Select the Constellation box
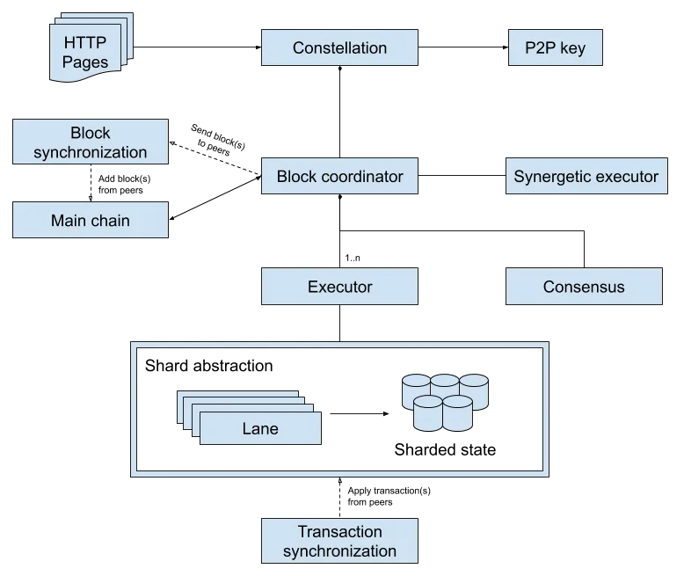pyautogui.click(x=339, y=48)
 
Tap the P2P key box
pyautogui.click(x=556, y=48)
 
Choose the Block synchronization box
pyautogui.click(x=90, y=142)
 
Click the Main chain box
pyautogui.click(x=90, y=221)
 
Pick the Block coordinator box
pyautogui.click(x=339, y=176)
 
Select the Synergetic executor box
pyautogui.click(x=586, y=176)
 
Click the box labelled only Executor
pyautogui.click(x=339, y=287)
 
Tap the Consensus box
pyautogui.click(x=584, y=287)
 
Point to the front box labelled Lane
pyautogui.click(x=259, y=429)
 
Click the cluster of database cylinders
pyautogui.click(x=444, y=402)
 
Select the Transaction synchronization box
pyautogui.click(x=339, y=542)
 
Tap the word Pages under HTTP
pyautogui.click(x=85, y=62)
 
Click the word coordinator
pyautogui.click(x=361, y=176)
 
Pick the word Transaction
pyautogui.click(x=339, y=531)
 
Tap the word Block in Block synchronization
pyautogui.click(x=90, y=133)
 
